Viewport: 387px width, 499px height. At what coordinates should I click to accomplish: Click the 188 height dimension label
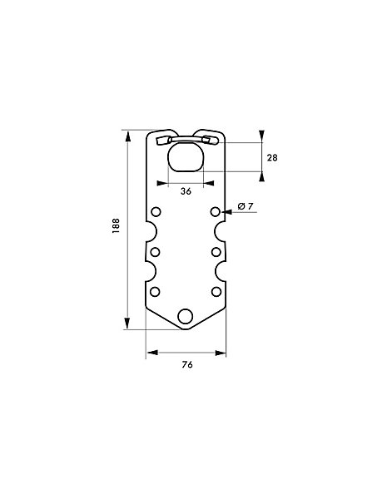116,226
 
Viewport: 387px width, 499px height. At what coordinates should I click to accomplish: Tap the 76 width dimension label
187,365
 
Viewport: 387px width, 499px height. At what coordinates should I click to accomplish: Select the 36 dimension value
186,191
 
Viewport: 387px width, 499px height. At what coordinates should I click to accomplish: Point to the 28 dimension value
272,157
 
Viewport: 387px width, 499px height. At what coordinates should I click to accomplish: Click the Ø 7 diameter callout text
246,206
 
